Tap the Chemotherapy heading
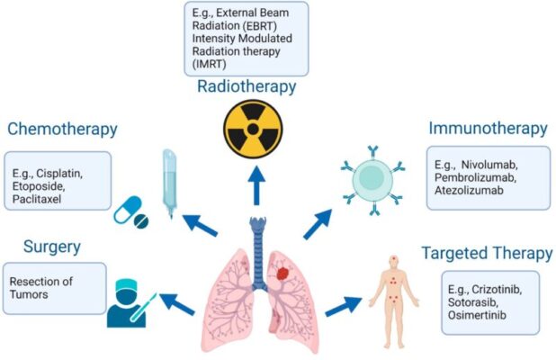62,129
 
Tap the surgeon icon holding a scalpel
129,303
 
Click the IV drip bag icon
170,185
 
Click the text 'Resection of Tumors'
42,287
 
